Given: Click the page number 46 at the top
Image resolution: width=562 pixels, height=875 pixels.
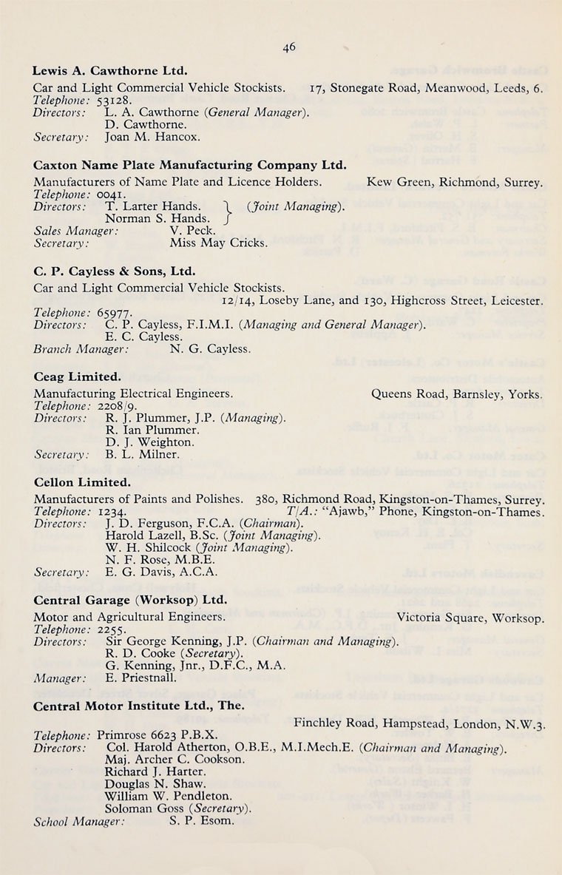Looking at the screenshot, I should (x=288, y=47).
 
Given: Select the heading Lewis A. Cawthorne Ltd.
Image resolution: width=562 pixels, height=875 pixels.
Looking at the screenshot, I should (x=110, y=72).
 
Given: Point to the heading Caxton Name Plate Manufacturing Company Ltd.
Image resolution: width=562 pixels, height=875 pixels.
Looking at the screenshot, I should (x=190, y=165).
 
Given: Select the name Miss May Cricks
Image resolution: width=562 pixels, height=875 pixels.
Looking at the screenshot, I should (x=219, y=242).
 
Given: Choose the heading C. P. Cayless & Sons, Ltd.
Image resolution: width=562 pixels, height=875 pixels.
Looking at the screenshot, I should (x=114, y=271).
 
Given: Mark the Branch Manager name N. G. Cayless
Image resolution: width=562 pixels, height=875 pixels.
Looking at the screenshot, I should (x=210, y=348).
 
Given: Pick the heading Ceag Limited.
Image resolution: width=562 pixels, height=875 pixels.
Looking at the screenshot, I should (x=77, y=377).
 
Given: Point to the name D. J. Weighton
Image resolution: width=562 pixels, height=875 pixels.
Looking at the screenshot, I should (x=150, y=442).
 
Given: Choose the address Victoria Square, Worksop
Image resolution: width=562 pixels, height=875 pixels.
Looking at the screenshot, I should (x=470, y=616).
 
